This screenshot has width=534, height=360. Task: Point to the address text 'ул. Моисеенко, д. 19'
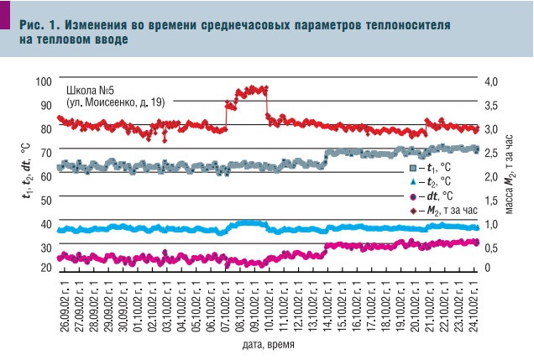[x=115, y=102]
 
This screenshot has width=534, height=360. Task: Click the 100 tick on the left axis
[x=43, y=81]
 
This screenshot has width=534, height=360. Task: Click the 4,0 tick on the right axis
[x=491, y=81]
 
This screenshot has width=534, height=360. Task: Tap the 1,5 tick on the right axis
[x=491, y=200]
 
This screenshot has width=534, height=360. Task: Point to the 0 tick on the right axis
[x=487, y=268]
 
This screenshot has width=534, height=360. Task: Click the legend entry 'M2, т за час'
[x=445, y=212]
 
